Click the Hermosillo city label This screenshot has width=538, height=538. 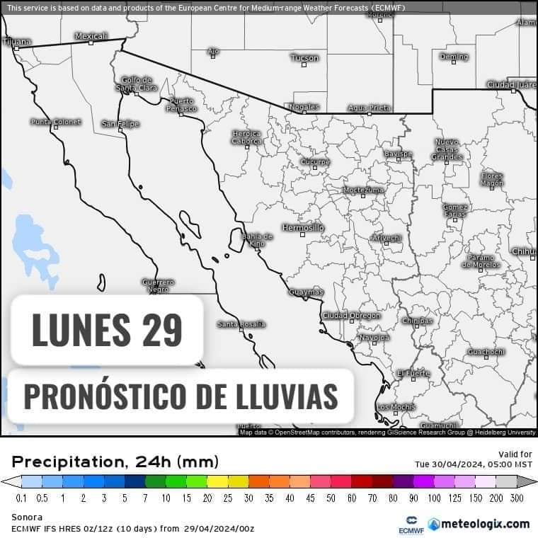pyautogui.click(x=302, y=227)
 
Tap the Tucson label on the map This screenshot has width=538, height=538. pyautogui.click(x=304, y=58)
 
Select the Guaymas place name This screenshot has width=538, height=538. pyautogui.click(x=306, y=292)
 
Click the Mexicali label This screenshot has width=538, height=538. pyautogui.click(x=91, y=35)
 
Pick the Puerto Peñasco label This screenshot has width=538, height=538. pyautogui.click(x=182, y=105)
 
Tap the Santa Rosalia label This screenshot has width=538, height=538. pyautogui.click(x=241, y=324)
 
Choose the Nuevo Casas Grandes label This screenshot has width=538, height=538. pyautogui.click(x=447, y=149)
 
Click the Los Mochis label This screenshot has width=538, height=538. pyautogui.click(x=396, y=407)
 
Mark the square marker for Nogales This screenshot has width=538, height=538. pyautogui.click(x=305, y=113)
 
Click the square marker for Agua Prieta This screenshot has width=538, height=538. pyautogui.click(x=369, y=113)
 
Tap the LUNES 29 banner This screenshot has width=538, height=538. pyautogui.click(x=107, y=330)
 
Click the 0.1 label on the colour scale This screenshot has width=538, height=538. pyautogui.click(x=22, y=498)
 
